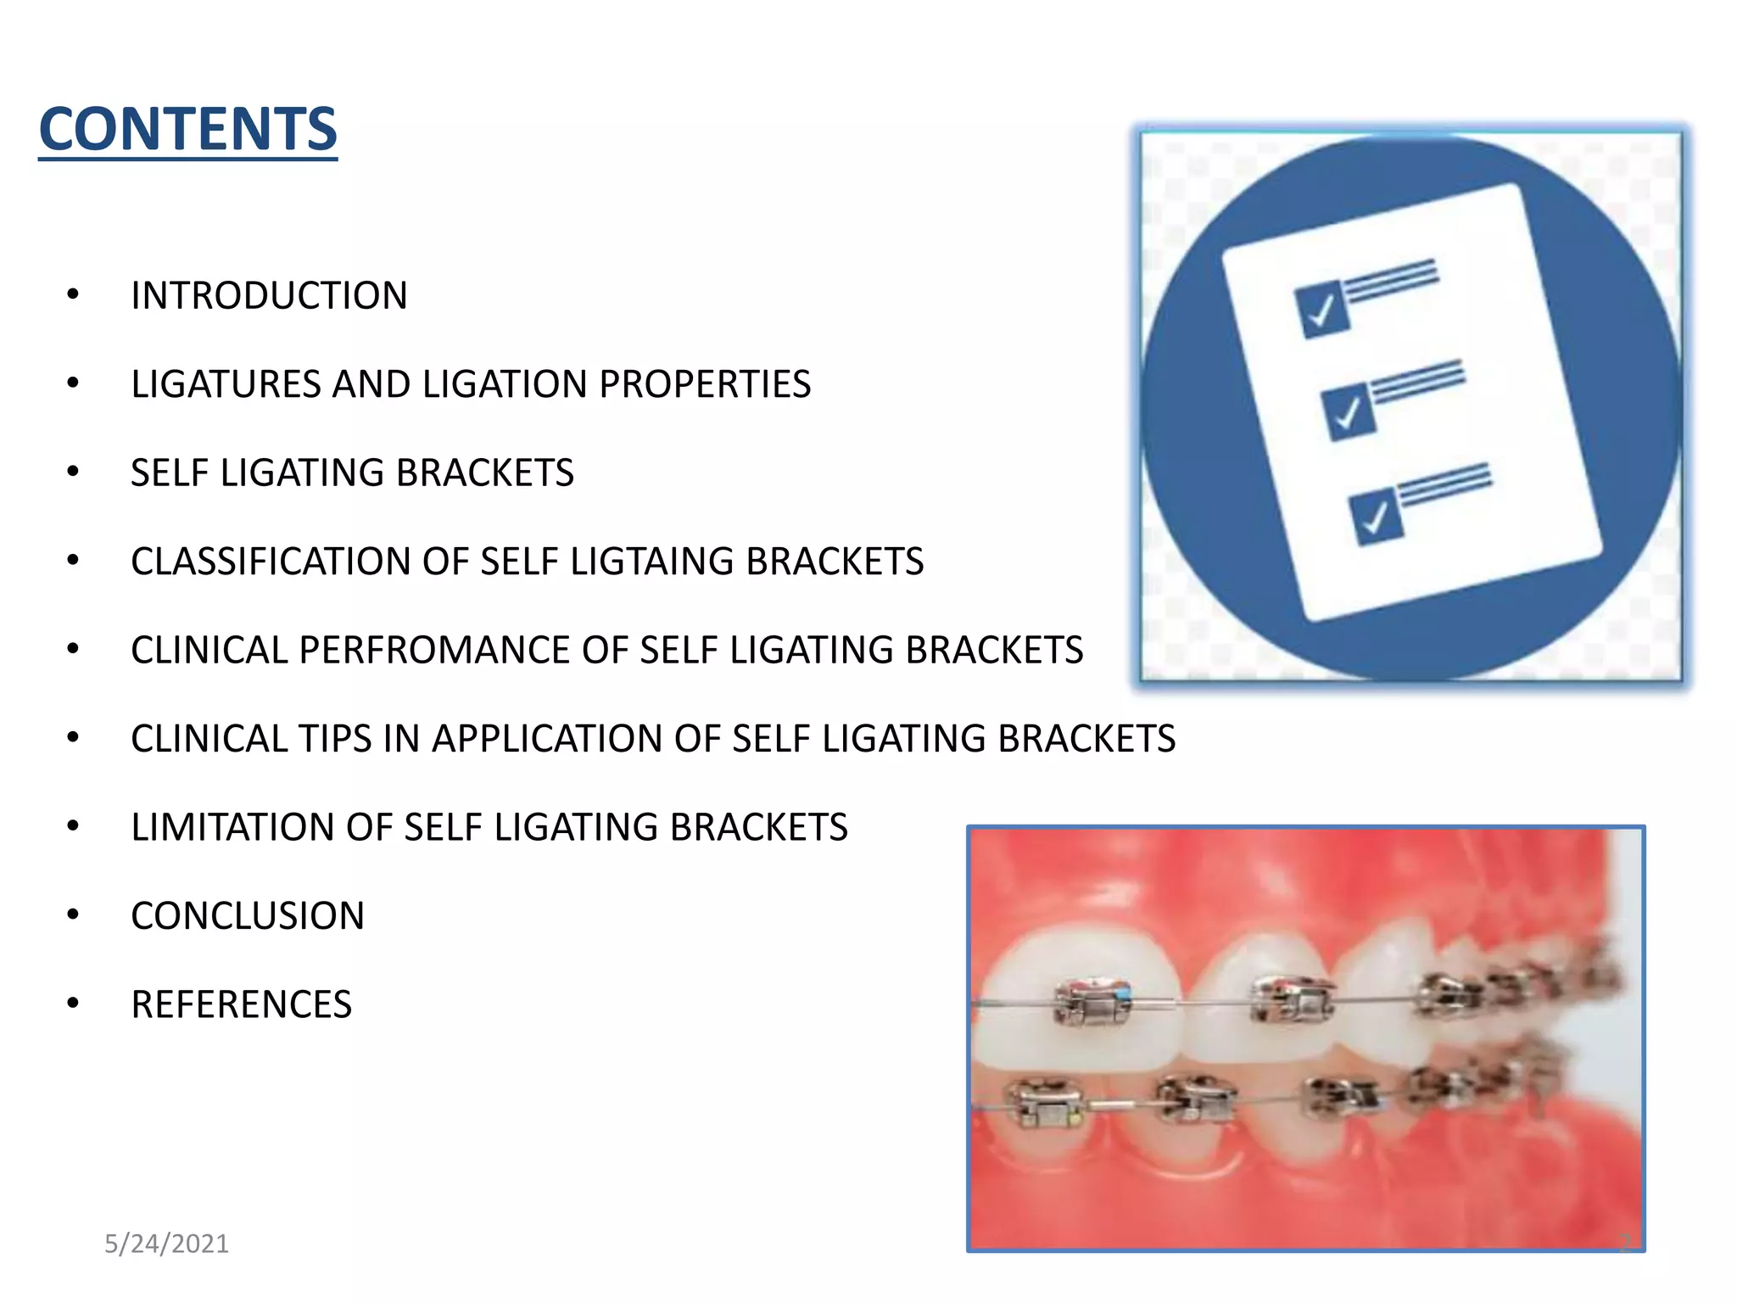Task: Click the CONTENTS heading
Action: (187, 129)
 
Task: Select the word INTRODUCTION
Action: (269, 296)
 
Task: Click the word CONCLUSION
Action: (248, 916)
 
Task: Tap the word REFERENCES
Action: (241, 1004)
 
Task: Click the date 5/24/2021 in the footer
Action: (166, 1244)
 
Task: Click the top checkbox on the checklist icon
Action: (1321, 310)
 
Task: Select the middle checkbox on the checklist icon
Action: (1349, 412)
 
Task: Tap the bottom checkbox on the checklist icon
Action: (1376, 516)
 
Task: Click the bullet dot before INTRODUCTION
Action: (73, 295)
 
